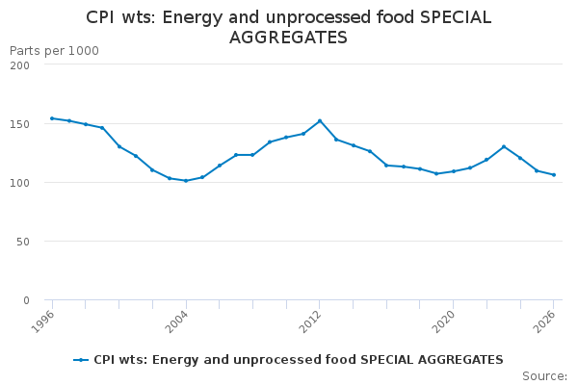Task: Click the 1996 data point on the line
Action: (52, 118)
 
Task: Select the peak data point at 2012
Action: (320, 121)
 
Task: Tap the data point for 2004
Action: (186, 181)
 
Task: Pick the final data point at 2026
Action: (554, 175)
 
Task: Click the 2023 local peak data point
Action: (504, 147)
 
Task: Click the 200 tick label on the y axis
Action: (20, 64)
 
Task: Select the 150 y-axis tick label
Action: (20, 124)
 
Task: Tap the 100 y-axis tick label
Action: (20, 183)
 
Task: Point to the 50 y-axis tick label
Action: (23, 242)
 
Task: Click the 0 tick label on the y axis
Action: (26, 300)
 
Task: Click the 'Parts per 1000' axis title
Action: (54, 50)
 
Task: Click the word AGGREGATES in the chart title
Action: (288, 38)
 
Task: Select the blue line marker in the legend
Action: (81, 360)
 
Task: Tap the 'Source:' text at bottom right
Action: (544, 376)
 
